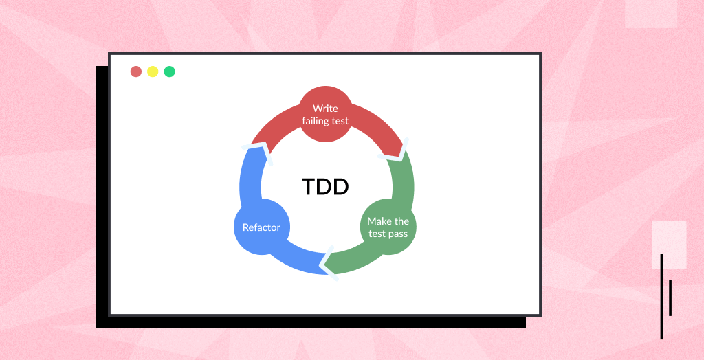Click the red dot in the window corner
(x=136, y=71)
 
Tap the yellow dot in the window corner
(x=153, y=71)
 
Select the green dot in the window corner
(x=169, y=71)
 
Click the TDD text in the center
(x=325, y=186)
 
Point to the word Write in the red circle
(x=325, y=109)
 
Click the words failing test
(x=325, y=121)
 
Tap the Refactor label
(x=261, y=227)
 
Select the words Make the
(x=388, y=221)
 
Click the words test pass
(x=388, y=234)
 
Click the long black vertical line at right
(x=661, y=296)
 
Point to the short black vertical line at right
(x=670, y=297)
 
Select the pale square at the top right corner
(x=650, y=14)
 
